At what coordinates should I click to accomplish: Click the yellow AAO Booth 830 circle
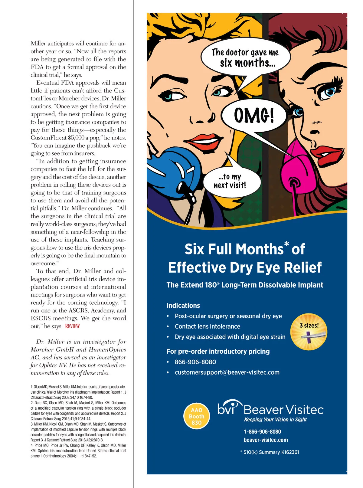tap(197, 416)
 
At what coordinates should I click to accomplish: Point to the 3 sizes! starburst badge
tap(309, 332)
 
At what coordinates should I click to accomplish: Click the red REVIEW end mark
tap(73, 326)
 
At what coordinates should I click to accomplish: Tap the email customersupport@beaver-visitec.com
tap(227, 372)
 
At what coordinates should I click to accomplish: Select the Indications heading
tap(183, 306)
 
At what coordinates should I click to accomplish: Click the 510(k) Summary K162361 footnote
tap(270, 452)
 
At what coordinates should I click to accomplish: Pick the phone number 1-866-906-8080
tap(262, 432)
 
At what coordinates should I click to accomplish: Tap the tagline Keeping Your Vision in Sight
tap(275, 420)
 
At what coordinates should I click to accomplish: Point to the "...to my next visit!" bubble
tap(230, 181)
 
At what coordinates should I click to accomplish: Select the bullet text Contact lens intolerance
tap(207, 326)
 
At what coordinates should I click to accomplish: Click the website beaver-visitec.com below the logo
tap(266, 440)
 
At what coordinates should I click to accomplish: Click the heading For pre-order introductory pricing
tap(218, 351)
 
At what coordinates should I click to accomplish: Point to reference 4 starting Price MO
tap(78, 450)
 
